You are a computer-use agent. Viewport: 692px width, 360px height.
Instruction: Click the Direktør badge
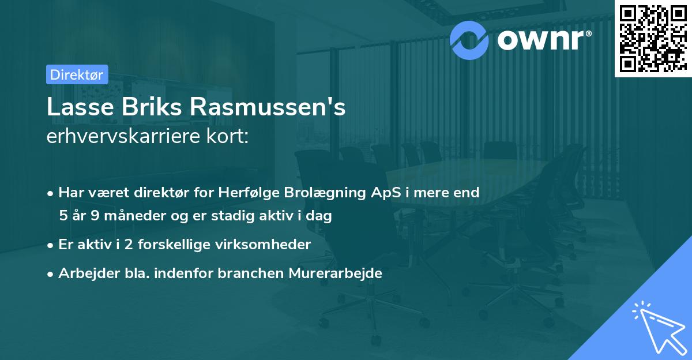pyautogui.click(x=76, y=74)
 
